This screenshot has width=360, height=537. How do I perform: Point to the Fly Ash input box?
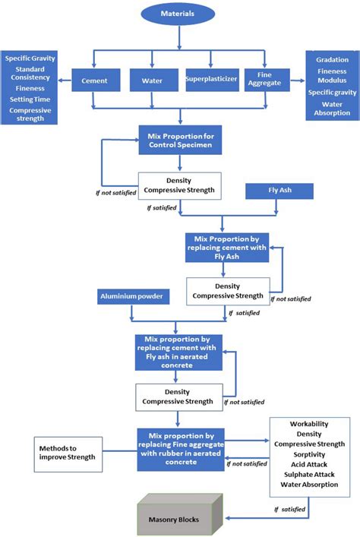(279, 191)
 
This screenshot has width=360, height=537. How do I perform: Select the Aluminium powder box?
(131, 294)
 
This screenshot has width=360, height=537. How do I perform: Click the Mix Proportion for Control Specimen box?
(179, 140)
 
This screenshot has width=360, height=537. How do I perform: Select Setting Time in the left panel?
(33, 99)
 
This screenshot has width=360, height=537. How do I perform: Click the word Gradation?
(333, 60)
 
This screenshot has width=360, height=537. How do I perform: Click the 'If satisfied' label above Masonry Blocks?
(289, 510)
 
